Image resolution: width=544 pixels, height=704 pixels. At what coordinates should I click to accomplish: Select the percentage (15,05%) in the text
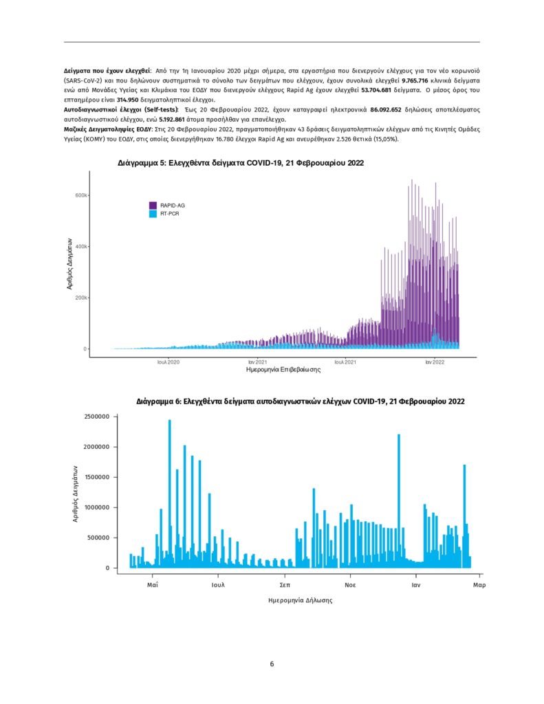coord(382,138)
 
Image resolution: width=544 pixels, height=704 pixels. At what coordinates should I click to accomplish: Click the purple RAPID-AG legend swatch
coord(153,205)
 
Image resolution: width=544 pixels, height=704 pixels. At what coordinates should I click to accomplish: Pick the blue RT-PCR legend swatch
coord(153,214)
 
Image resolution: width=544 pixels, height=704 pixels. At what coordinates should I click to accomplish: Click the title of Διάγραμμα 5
coord(241,163)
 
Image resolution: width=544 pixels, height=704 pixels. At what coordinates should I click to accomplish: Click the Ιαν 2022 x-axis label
coord(434,361)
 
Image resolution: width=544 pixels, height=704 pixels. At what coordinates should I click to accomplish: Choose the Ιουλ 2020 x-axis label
coord(168,361)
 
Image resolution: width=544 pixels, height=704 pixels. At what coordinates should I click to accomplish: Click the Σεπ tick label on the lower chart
coord(284,585)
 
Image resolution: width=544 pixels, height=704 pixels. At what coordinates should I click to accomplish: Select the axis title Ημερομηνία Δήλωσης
coord(300,600)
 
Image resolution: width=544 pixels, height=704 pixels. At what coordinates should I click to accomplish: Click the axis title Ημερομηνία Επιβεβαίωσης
coord(283,370)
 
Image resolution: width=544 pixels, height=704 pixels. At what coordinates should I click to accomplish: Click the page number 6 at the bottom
coord(272,664)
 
